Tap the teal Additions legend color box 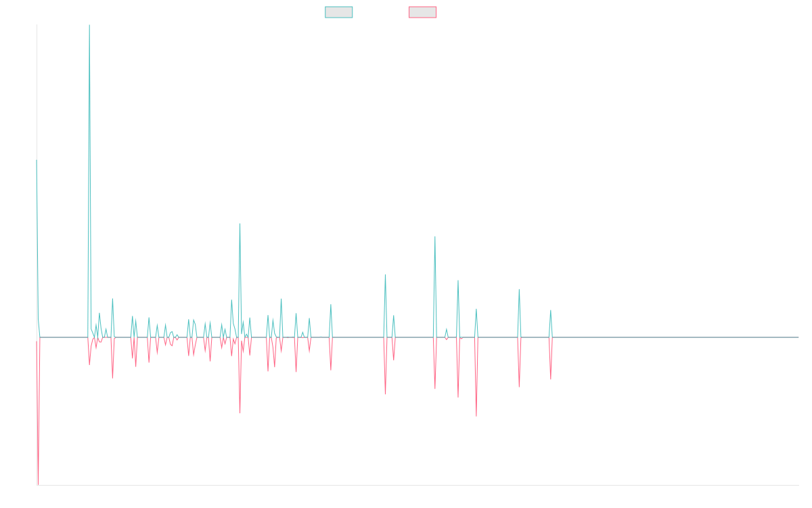click(339, 12)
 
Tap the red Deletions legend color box click(423, 12)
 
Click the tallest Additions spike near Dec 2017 click(89, 26)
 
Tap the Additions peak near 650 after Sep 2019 click(240, 224)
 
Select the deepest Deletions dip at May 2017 click(38, 484)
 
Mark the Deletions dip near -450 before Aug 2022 click(476, 415)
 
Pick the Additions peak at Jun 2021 click(385, 275)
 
